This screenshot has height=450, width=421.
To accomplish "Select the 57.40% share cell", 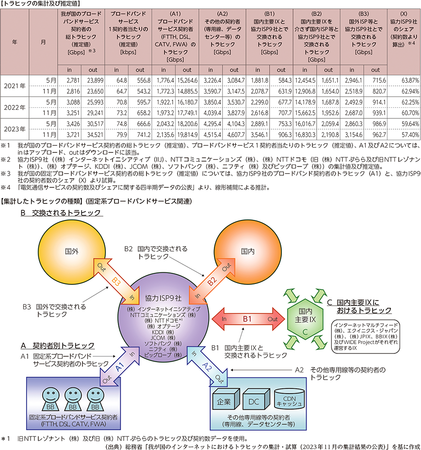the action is tap(404, 134).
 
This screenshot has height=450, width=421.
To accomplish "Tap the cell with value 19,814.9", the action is tap(187, 134).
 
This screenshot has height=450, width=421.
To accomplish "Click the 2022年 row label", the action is tap(15, 108).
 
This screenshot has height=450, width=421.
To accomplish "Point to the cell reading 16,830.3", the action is tap(305, 134).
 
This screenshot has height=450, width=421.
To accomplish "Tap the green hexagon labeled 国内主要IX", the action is tap(305, 319).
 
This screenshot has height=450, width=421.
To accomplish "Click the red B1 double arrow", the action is tap(248, 319).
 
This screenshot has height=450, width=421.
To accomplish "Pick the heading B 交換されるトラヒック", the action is tap(61, 213).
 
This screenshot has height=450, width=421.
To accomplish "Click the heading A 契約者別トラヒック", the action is tap(57, 345).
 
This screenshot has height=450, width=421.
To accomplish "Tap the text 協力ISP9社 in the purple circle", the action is tap(163, 298).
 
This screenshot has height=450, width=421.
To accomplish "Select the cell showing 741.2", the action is tap(140, 134).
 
